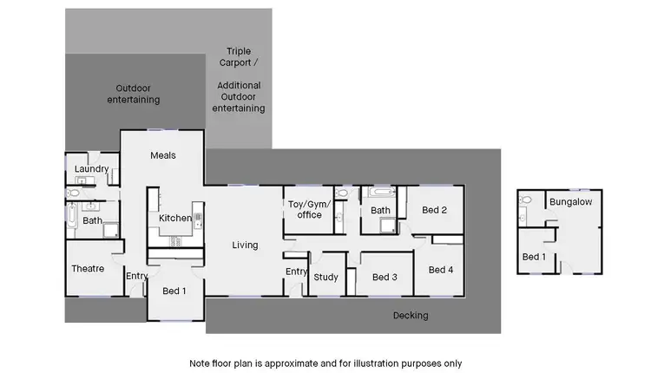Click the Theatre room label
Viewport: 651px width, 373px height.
(x=88, y=268)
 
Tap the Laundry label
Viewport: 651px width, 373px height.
(x=91, y=169)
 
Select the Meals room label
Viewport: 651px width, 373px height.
(x=163, y=155)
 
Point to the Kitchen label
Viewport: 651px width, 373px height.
(x=175, y=218)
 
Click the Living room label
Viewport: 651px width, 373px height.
(x=245, y=245)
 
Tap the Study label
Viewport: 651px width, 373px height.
(x=325, y=278)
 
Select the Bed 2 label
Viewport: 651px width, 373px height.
(x=434, y=210)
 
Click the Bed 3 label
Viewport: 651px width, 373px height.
(x=385, y=278)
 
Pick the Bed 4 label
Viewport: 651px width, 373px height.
(x=441, y=270)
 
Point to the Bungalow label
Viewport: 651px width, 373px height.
(x=570, y=202)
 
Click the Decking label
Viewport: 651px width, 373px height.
(x=411, y=316)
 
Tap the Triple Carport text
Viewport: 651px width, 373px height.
(x=239, y=57)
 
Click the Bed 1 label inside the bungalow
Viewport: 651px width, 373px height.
(x=534, y=257)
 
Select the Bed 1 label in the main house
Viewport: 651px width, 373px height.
(x=174, y=291)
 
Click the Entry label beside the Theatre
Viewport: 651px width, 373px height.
(x=137, y=276)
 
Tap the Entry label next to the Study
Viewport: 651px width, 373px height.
(x=297, y=272)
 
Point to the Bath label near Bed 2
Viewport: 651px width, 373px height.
(x=380, y=210)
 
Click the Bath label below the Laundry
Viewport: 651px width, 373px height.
(x=93, y=220)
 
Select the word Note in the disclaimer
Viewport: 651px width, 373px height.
(x=201, y=363)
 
